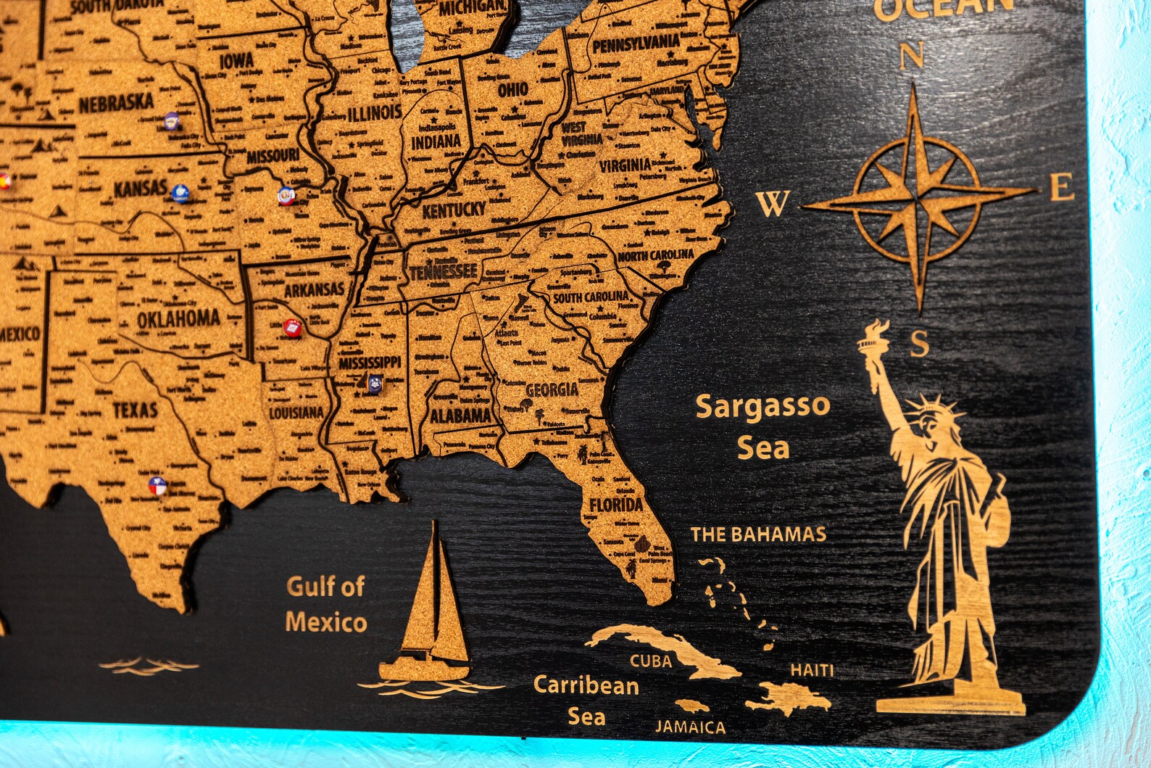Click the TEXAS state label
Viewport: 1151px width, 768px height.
click(135, 410)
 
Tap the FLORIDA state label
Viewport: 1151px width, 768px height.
click(615, 505)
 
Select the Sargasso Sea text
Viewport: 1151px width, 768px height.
click(763, 427)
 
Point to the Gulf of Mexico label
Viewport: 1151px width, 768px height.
click(326, 604)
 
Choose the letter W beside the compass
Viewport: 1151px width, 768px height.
click(772, 205)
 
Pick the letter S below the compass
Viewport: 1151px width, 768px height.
click(919, 344)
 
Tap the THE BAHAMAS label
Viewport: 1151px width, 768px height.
click(757, 535)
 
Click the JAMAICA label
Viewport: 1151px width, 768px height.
click(690, 727)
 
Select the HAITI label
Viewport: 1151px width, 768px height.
click(812, 670)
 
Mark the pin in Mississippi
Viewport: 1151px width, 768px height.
click(374, 383)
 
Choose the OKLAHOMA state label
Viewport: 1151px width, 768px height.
click(178, 318)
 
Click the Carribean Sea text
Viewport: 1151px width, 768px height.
click(586, 700)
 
